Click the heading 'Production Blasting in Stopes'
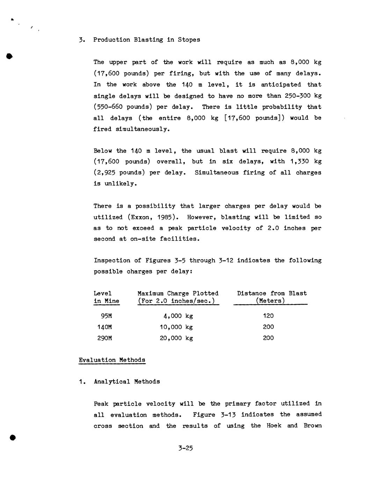[146, 40]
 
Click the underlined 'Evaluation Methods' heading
[112, 360]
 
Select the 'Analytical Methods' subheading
[127, 382]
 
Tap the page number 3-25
[185, 448]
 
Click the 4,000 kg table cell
[178, 316]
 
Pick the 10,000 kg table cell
[176, 327]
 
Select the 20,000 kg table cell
[176, 338]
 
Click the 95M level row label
[106, 316]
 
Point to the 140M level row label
[104, 327]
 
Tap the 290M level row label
[104, 338]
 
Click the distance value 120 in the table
[268, 316]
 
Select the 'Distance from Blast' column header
[272, 293]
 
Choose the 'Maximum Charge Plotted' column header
[178, 293]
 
